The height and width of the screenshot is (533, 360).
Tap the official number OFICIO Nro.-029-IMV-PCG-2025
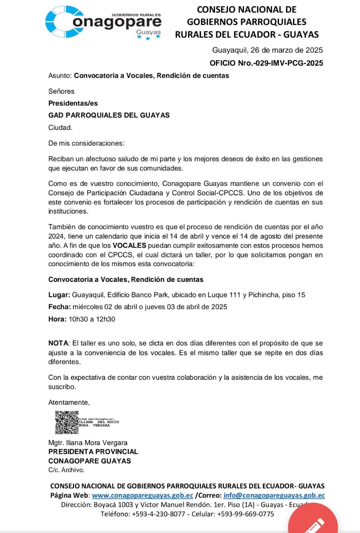tap(266, 63)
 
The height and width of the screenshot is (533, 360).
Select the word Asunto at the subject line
tap(60, 76)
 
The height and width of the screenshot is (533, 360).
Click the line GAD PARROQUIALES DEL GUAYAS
tap(109, 115)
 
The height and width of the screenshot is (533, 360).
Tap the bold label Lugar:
tap(59, 295)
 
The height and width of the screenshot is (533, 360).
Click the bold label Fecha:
tap(60, 307)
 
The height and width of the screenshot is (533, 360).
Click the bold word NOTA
tap(58, 344)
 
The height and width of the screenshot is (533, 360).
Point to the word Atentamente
tap(69, 402)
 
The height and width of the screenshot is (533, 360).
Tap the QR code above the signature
tap(67, 423)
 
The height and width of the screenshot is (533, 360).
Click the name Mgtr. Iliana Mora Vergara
tap(88, 443)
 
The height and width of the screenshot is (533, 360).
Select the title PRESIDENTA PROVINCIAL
tap(93, 452)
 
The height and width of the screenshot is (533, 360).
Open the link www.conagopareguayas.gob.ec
tap(142, 496)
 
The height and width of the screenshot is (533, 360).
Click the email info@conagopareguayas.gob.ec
tap(274, 496)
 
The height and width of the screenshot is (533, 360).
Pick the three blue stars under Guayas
tap(148, 38)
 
